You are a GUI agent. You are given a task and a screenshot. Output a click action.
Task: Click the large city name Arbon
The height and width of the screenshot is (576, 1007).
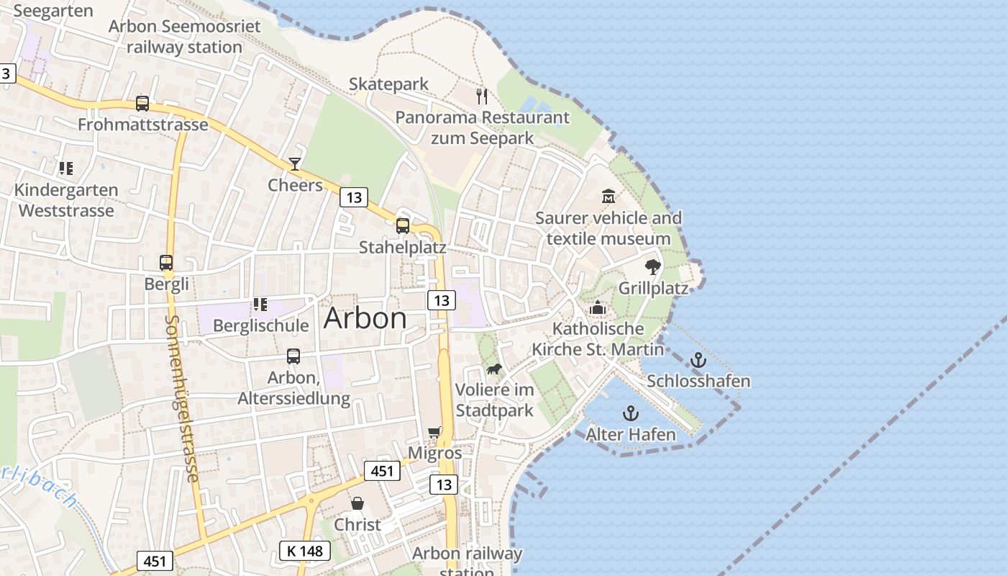pyautogui.click(x=365, y=318)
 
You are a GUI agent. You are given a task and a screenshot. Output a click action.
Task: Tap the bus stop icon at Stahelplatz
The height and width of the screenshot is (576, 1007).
pyautogui.click(x=403, y=226)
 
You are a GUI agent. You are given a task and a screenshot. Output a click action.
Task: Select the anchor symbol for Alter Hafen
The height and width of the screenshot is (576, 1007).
pyautogui.click(x=630, y=413)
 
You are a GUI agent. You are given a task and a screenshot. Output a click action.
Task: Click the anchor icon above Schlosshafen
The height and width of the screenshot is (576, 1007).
pyautogui.click(x=698, y=360)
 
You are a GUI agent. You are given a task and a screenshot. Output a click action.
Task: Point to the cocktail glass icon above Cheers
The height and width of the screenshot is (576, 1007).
pyautogui.click(x=295, y=164)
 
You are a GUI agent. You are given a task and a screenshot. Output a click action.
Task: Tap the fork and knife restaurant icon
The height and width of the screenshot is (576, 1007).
pyautogui.click(x=482, y=96)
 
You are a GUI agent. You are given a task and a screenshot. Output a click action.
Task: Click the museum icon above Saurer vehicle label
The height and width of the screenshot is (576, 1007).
pyautogui.click(x=609, y=196)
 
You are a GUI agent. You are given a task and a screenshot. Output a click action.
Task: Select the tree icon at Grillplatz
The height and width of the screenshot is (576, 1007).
pyautogui.click(x=652, y=267)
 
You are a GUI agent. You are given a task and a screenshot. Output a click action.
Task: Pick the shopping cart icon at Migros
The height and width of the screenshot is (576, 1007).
pyautogui.click(x=434, y=432)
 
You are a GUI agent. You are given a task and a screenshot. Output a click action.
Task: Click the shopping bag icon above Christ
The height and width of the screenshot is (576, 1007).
pyautogui.click(x=357, y=503)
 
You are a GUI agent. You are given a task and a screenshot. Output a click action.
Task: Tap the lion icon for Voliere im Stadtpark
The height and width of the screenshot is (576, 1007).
pyautogui.click(x=493, y=369)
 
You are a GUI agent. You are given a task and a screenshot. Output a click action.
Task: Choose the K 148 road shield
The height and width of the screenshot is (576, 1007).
pyautogui.click(x=304, y=552)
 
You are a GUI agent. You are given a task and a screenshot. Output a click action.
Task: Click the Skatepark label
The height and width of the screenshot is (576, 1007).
pyautogui.click(x=388, y=84)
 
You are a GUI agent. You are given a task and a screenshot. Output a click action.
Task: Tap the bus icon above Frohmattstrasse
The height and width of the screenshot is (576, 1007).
pyautogui.click(x=142, y=104)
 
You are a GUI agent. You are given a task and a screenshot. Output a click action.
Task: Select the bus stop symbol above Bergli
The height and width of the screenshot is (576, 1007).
pyautogui.click(x=166, y=263)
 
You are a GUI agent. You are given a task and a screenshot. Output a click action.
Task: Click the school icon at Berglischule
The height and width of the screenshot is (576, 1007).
pyautogui.click(x=260, y=305)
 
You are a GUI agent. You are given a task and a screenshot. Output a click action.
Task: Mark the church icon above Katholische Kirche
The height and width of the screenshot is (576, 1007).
pyautogui.click(x=597, y=308)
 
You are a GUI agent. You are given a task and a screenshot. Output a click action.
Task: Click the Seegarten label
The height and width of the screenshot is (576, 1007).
pyautogui.click(x=53, y=11)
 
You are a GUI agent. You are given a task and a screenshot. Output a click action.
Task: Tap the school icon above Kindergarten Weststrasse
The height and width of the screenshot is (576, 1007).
pyautogui.click(x=66, y=168)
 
